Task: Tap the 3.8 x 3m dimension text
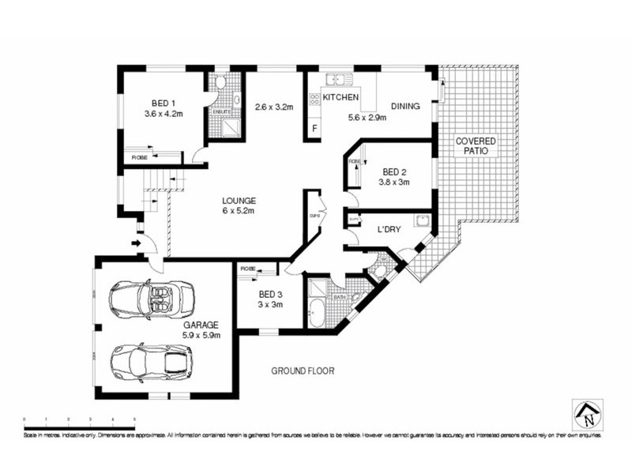click(x=394, y=182)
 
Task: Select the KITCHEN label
click(x=340, y=97)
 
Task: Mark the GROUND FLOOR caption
click(x=303, y=370)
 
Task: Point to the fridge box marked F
click(x=315, y=128)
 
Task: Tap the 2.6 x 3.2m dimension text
click(x=273, y=107)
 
